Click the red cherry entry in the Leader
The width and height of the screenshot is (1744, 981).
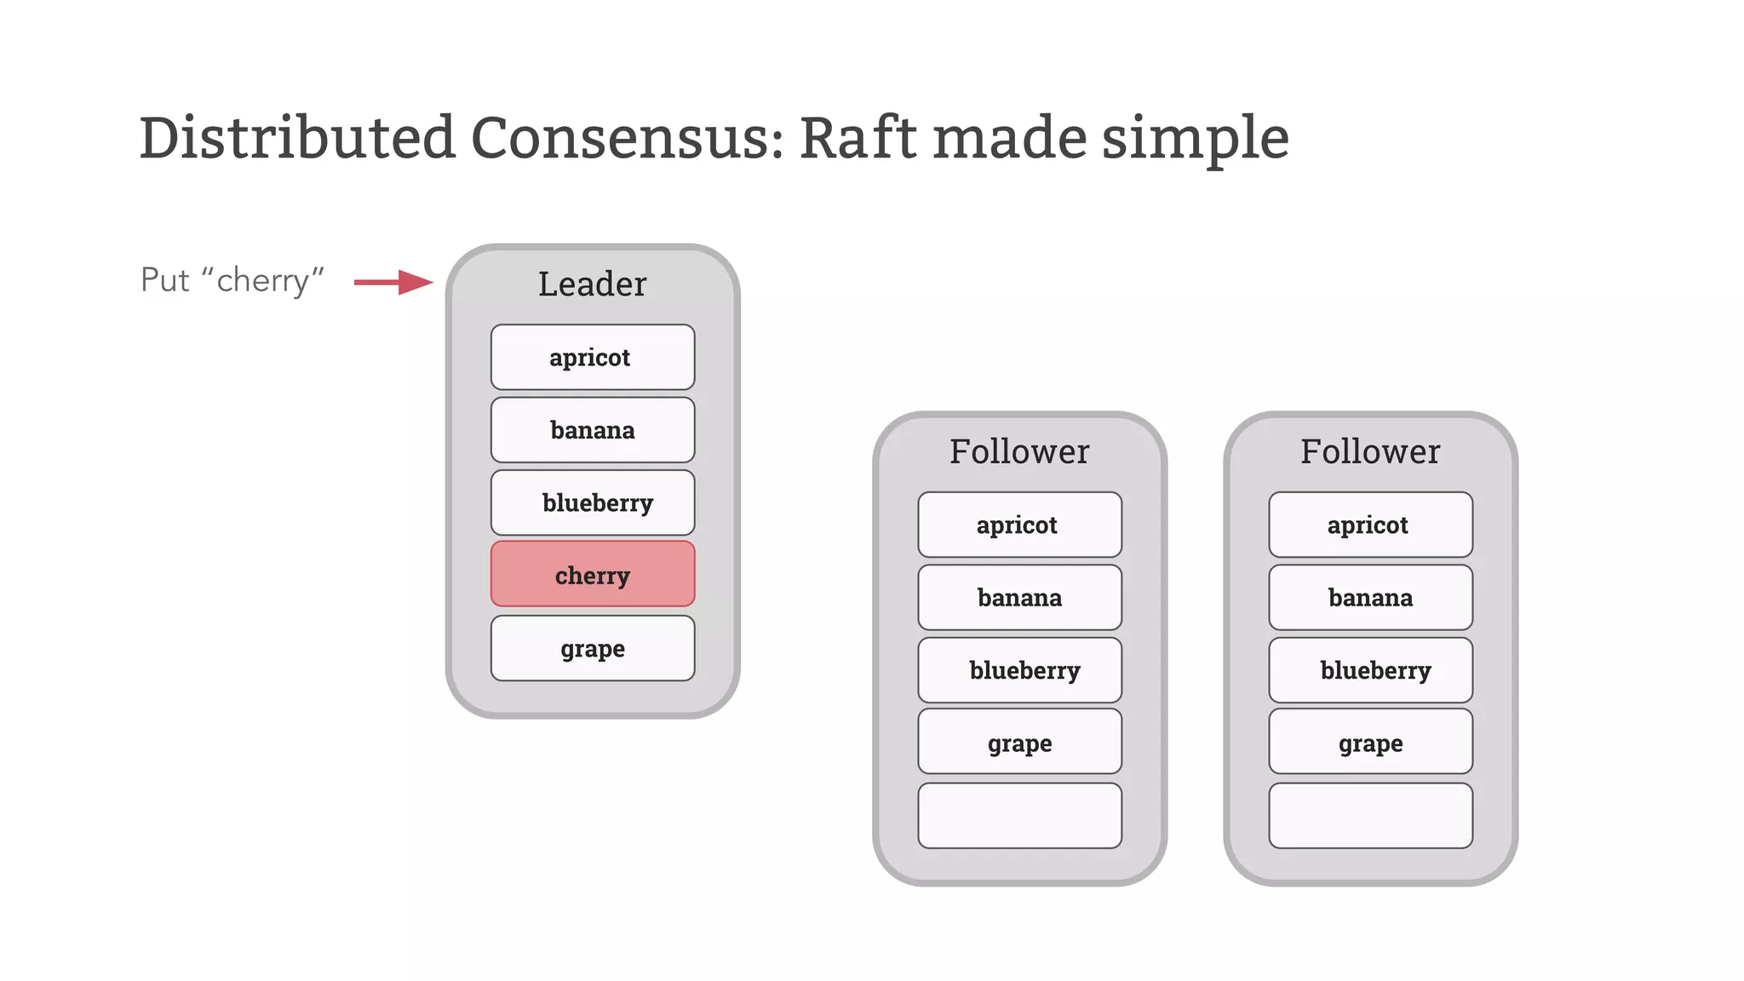pyautogui.click(x=593, y=575)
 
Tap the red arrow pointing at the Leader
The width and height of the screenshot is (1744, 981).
pyautogui.click(x=393, y=282)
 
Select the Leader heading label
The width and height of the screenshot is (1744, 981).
pyautogui.click(x=593, y=284)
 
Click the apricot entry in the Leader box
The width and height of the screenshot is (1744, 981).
pyautogui.click(x=593, y=358)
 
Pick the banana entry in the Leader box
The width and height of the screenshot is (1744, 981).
pyautogui.click(x=593, y=430)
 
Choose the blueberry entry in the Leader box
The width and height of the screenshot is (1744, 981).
pyautogui.click(x=593, y=502)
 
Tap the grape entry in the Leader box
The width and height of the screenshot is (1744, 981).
pyautogui.click(x=593, y=648)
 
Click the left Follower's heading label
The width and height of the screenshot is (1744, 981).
pyautogui.click(x=1019, y=452)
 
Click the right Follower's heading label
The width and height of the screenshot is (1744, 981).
pyautogui.click(x=1370, y=452)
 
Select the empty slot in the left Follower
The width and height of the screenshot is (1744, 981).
pyautogui.click(x=1019, y=816)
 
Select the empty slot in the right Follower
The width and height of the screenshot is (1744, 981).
pyautogui.click(x=1370, y=816)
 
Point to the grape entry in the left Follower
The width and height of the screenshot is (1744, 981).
pyautogui.click(x=1019, y=743)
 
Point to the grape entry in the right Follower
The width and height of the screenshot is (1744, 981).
pyautogui.click(x=1370, y=743)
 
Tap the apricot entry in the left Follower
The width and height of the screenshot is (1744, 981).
pyautogui.click(x=1019, y=525)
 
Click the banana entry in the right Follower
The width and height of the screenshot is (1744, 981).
pyautogui.click(x=1370, y=598)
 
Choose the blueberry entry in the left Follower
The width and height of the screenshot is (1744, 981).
pyautogui.click(x=1019, y=670)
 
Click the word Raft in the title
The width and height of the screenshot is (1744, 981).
pyautogui.click(x=858, y=138)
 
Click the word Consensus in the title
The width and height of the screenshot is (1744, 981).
pyautogui.click(x=626, y=138)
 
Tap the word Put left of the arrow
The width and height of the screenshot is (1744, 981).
pyautogui.click(x=164, y=280)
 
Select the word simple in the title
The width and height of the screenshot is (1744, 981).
pyautogui.click(x=1195, y=138)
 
